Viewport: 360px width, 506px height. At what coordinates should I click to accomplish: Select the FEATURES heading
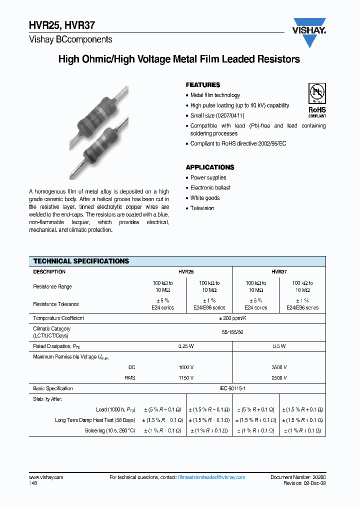point(203,85)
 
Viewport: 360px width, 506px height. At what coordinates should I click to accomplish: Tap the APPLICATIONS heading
point(210,167)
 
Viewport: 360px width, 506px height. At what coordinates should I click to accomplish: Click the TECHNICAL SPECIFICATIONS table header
point(81,261)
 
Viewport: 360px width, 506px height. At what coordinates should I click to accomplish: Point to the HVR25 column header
point(186,272)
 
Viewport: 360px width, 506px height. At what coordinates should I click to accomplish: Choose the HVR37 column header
point(279,272)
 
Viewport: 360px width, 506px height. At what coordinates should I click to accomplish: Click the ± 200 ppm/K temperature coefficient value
point(232,318)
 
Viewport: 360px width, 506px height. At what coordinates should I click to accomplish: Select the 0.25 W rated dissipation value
point(186,346)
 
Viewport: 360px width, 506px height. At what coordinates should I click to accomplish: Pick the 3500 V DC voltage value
point(279,366)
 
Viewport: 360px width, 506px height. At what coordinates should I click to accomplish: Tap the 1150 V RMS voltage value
point(186,377)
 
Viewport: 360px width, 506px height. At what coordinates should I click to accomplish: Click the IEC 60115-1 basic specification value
point(232,388)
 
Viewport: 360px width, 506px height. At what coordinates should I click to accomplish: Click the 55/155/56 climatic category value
point(232,332)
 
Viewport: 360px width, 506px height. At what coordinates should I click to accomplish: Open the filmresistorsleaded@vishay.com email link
point(211,477)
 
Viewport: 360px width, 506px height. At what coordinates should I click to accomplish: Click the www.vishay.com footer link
point(46,477)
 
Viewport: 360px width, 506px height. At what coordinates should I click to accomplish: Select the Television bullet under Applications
point(202,208)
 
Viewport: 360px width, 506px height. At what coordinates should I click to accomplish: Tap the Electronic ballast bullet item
point(210,188)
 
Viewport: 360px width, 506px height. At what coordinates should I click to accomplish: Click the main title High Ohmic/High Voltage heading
point(179,59)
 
